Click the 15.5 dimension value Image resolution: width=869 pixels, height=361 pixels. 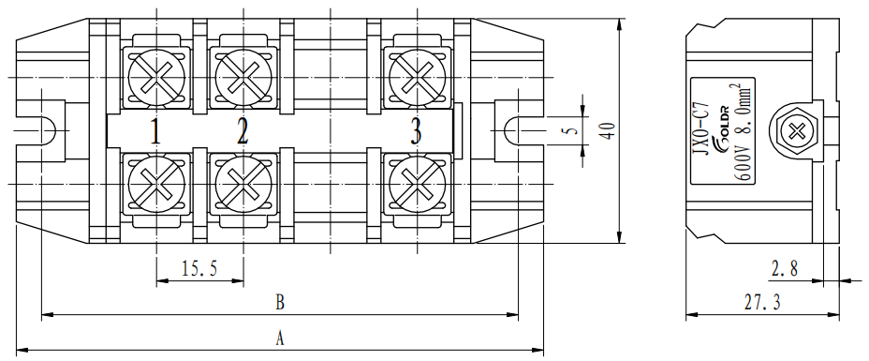point(200,269)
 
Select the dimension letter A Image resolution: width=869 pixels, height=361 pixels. point(280,338)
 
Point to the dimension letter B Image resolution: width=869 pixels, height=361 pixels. point(280,303)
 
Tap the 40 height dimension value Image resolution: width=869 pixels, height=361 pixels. point(608,131)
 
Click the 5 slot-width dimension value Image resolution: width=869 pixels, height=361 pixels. point(573,131)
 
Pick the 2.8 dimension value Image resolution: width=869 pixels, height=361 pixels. point(784,269)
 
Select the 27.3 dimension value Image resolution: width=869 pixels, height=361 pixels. point(762,303)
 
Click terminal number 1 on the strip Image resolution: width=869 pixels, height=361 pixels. point(155,132)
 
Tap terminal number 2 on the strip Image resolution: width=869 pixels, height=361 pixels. point(243,132)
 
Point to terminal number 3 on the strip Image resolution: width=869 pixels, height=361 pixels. point(416,132)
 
